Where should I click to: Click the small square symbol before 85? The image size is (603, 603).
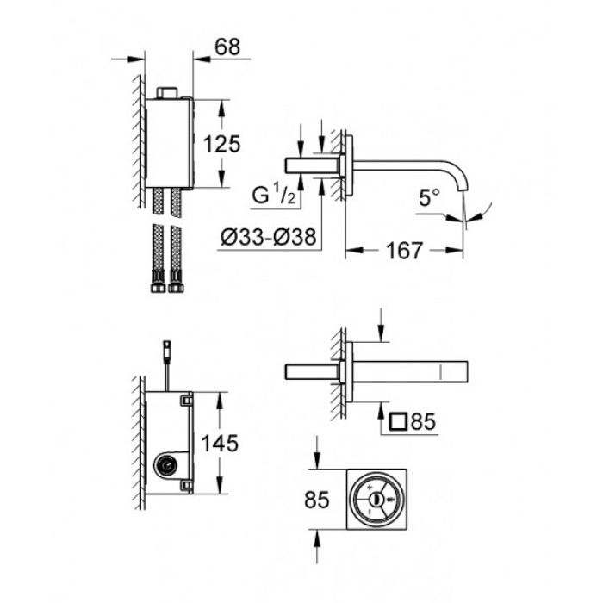click(x=398, y=422)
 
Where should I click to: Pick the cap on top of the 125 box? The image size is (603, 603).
click(x=168, y=91)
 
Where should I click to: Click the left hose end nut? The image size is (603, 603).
click(x=159, y=280)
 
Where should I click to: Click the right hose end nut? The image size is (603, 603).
click(x=177, y=280)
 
